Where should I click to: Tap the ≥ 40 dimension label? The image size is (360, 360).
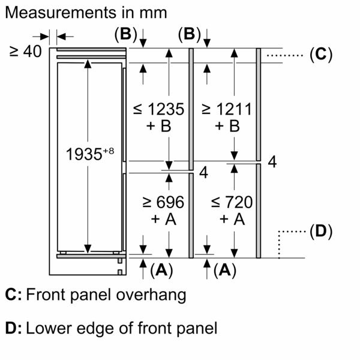(x=25, y=52)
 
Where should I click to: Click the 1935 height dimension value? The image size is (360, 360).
(x=82, y=154)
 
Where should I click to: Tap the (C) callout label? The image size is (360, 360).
(x=320, y=55)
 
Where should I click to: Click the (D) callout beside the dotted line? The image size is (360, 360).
(x=320, y=231)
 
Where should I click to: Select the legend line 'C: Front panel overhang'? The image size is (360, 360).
(x=95, y=295)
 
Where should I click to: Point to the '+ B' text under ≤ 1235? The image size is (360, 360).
(x=158, y=127)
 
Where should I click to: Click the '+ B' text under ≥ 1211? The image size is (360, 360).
(x=226, y=127)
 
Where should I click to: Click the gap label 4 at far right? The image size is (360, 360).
(x=272, y=162)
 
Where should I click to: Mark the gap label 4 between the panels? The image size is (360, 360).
(x=203, y=173)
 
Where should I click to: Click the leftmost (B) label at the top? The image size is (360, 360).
(x=125, y=34)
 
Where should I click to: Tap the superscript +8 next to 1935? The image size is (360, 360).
(x=107, y=150)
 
